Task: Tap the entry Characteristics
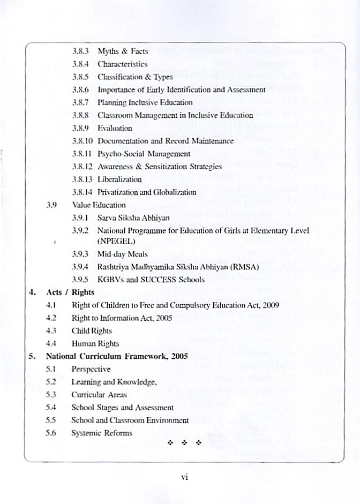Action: [122, 64]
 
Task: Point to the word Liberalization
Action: [119, 179]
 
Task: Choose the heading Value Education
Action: [99, 205]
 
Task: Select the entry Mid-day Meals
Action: [122, 254]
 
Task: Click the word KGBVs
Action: [110, 280]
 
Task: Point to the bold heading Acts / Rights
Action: [70, 292]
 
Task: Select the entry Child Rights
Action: [92, 331]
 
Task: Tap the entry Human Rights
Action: [95, 344]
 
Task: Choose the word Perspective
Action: [91, 369]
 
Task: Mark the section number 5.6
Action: [51, 433]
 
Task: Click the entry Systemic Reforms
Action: [102, 433]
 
